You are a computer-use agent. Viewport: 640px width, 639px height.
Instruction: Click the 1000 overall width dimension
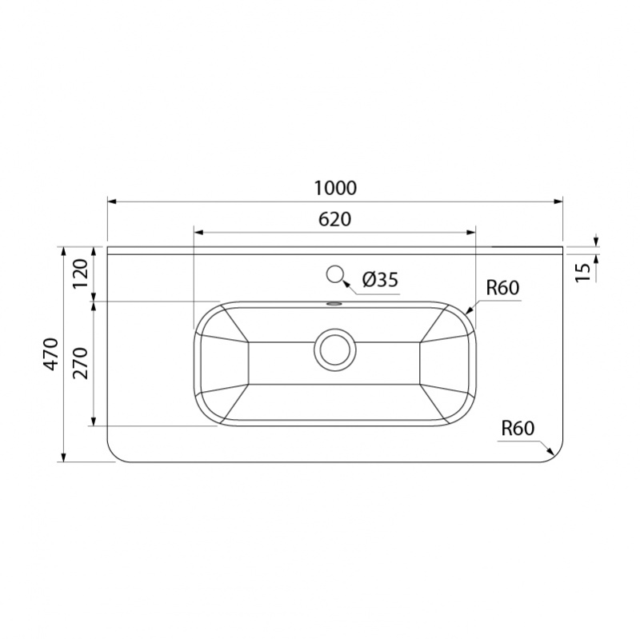[x=335, y=188]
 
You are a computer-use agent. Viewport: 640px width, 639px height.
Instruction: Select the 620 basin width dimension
[x=334, y=219]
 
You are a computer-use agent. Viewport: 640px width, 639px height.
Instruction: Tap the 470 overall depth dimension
[x=51, y=354]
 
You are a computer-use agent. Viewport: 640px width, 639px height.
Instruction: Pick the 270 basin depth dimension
[x=81, y=363]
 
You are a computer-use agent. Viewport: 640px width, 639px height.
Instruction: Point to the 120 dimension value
[x=81, y=274]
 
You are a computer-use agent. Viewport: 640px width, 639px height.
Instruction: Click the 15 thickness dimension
[x=584, y=272]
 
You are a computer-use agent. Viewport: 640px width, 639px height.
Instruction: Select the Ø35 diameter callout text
[x=380, y=280]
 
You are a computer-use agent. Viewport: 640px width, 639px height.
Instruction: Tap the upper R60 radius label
[x=502, y=288]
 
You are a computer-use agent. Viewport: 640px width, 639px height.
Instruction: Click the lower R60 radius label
[x=518, y=429]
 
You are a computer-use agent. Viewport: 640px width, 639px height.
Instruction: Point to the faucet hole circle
[x=334, y=274]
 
